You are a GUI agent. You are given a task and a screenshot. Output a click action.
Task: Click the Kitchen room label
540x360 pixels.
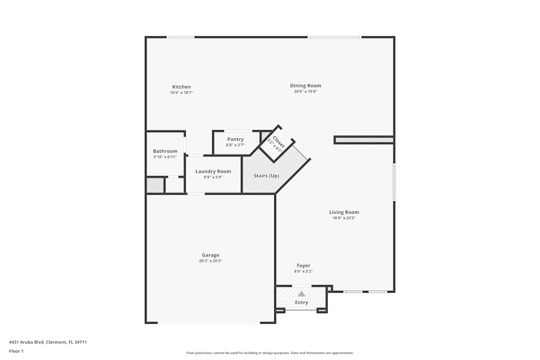(181, 87)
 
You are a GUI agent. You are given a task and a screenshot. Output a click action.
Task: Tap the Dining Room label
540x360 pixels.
(306, 86)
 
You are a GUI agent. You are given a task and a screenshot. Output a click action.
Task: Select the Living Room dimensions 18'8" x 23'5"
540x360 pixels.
(344, 218)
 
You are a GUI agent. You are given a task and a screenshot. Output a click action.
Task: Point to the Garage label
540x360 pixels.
(211, 255)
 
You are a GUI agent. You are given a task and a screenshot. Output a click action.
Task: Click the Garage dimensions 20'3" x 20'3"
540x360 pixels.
(211, 261)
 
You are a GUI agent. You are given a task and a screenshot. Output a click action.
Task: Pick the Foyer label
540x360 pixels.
(303, 266)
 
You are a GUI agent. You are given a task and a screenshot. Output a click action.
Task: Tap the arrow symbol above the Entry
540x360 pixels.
(301, 294)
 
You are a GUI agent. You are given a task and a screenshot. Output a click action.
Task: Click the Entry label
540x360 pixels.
(301, 302)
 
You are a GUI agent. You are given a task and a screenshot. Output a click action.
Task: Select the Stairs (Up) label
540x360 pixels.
(266, 176)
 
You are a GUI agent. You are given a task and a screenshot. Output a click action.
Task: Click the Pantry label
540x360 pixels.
(235, 139)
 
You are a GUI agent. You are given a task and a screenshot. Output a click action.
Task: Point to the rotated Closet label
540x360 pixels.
(278, 142)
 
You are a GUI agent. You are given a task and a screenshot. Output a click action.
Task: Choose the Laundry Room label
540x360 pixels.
(213, 172)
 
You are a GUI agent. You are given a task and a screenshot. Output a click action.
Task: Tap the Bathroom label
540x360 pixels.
(165, 151)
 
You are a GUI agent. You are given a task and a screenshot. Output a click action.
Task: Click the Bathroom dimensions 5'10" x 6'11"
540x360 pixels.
(165, 157)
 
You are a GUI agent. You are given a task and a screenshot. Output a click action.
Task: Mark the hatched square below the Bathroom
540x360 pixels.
(155, 185)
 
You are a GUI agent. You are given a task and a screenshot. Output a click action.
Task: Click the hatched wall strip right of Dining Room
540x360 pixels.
(363, 140)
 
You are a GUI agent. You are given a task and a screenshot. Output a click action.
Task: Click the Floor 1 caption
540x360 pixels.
(16, 351)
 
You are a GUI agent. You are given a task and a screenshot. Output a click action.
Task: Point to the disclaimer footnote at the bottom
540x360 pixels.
(270, 352)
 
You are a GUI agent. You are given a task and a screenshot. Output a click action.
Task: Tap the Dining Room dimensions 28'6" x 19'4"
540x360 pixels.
(306, 92)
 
